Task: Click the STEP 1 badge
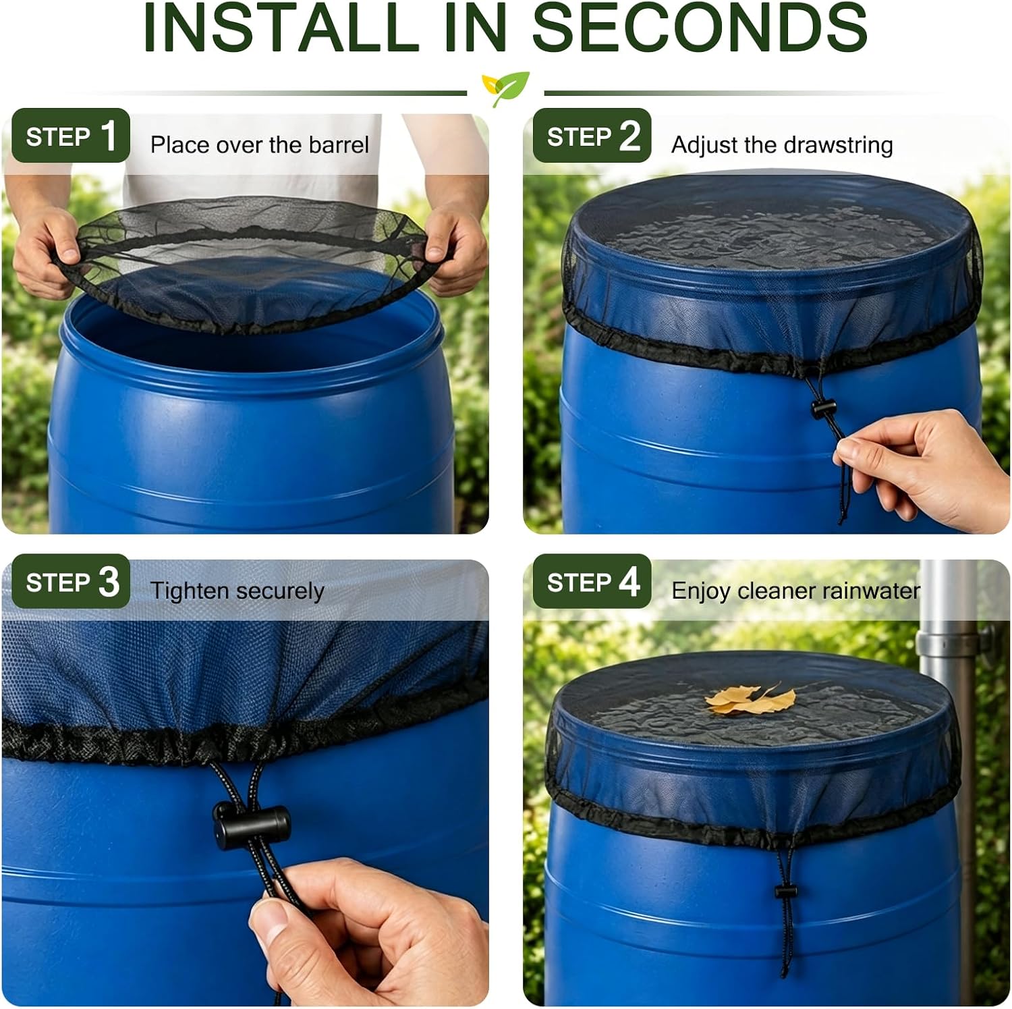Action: coord(71,135)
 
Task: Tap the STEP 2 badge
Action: coord(592,135)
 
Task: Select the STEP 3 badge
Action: coord(71,581)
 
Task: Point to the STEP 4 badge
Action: coord(592,581)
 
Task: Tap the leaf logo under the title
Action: coord(505,88)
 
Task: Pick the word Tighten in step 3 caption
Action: coord(190,591)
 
